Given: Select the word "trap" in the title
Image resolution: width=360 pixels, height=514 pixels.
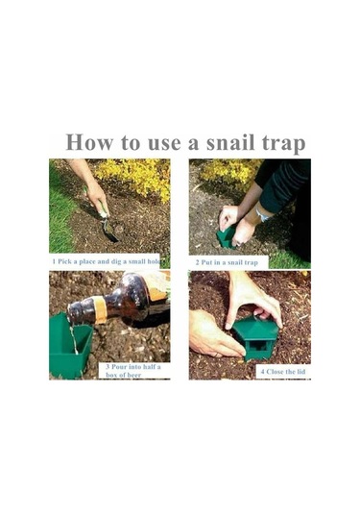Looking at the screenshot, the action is tap(283, 144).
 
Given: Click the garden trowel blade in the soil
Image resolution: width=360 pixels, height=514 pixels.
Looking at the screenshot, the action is tap(110, 232).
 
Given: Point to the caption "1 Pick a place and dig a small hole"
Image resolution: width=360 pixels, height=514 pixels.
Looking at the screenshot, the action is tap(107, 261).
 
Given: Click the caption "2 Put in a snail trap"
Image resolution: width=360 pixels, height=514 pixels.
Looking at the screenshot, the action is tap(227, 262).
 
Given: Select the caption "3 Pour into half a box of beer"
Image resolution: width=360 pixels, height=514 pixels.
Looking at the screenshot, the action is tap(133, 371).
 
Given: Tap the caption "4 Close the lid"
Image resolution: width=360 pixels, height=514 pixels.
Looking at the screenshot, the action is tap(283, 372).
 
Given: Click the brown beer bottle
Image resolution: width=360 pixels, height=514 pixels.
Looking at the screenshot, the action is tap(118, 301).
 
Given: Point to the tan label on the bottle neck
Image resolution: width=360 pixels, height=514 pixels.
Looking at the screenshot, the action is tap(100, 309).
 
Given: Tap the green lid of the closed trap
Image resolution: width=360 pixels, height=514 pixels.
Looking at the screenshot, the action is tap(256, 329).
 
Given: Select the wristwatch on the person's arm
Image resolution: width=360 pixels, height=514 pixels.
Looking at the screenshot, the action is tap(263, 214).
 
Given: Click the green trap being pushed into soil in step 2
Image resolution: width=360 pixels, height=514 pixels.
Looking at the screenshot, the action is tap(226, 237).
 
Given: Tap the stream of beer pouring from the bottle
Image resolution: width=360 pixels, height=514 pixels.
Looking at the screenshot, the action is tap(73, 339).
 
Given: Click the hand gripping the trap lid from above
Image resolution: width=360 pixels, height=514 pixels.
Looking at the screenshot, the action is tap(252, 299).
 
